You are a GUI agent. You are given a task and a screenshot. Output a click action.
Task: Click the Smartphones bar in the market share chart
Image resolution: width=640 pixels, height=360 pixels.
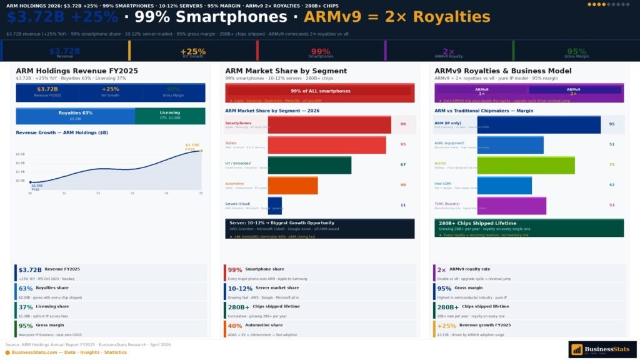(x=329, y=124)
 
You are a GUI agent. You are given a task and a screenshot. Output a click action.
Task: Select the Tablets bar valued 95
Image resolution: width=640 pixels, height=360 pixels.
(x=327, y=145)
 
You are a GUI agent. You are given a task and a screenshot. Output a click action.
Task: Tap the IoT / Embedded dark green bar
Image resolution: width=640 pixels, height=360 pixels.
(x=309, y=165)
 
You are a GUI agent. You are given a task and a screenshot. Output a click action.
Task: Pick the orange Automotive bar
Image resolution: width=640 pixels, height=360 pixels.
(x=292, y=185)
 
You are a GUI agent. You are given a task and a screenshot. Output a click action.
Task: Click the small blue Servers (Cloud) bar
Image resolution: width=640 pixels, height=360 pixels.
(x=275, y=205)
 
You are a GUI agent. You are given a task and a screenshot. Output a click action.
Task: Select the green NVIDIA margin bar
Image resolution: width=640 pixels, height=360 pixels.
(x=526, y=165)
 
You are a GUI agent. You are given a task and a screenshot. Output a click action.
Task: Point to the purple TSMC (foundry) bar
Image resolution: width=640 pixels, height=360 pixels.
(x=511, y=205)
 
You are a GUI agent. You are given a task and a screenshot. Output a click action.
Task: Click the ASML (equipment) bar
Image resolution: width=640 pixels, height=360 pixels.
(x=510, y=145)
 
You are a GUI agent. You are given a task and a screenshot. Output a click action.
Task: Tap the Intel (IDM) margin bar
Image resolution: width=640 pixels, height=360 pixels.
(x=504, y=185)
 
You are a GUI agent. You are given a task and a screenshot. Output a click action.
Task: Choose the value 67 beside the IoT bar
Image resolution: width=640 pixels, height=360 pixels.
(x=403, y=165)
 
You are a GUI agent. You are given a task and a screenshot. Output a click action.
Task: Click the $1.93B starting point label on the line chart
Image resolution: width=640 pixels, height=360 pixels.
(x=37, y=186)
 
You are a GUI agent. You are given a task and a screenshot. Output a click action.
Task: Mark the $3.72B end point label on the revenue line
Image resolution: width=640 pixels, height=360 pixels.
(x=192, y=147)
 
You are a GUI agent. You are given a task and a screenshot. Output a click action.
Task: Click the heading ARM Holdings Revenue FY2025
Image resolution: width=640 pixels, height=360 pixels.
(x=77, y=71)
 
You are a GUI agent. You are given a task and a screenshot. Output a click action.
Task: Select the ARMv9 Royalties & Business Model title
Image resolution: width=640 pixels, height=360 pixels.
(x=503, y=71)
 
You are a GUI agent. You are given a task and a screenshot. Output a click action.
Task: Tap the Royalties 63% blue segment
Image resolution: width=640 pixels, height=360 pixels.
(x=75, y=116)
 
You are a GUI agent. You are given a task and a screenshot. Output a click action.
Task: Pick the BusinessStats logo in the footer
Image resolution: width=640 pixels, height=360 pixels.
(x=602, y=349)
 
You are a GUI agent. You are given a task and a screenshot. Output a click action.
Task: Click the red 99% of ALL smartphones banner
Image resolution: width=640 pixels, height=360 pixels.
(x=319, y=91)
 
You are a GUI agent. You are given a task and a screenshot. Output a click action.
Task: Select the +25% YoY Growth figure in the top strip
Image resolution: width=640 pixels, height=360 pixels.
(x=192, y=52)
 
